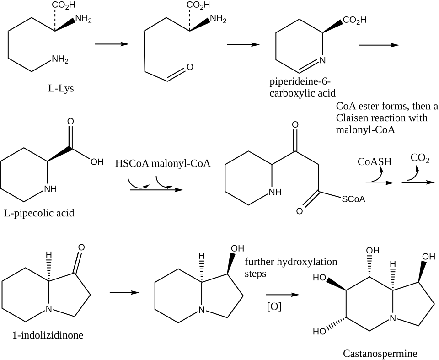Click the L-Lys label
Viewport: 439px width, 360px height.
(61, 88)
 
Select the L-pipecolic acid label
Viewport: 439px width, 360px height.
(39, 213)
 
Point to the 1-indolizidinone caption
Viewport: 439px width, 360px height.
(48, 335)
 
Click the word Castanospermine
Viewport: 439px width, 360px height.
(380, 353)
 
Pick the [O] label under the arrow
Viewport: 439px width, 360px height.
(274, 306)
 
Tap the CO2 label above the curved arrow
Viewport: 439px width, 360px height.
(420, 158)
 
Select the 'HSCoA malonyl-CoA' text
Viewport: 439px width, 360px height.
(163, 163)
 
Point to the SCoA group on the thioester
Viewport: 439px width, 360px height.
(353, 199)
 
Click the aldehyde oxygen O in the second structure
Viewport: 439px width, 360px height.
(190, 67)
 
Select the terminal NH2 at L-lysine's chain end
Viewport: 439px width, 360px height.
(60, 59)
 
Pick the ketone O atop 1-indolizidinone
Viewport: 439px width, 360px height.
(81, 247)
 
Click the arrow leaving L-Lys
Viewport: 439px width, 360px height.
(111, 44)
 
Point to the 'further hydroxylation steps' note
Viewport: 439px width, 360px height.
(291, 267)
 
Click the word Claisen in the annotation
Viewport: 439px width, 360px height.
(353, 118)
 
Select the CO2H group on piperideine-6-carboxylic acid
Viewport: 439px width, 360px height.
(354, 20)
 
